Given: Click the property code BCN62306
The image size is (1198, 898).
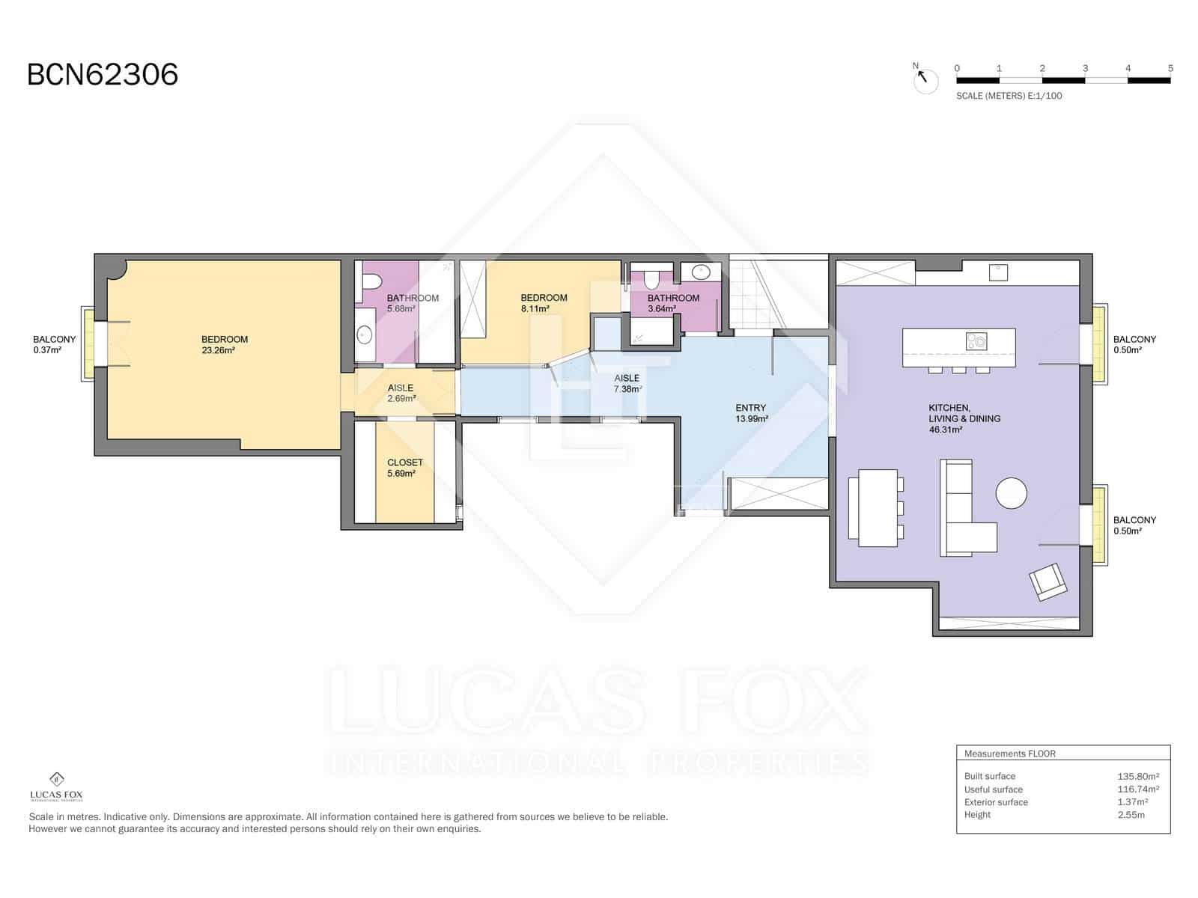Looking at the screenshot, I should coord(103,75).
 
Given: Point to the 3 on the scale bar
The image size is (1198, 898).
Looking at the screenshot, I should coord(1085,68).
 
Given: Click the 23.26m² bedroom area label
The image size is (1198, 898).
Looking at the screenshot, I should coord(225,345).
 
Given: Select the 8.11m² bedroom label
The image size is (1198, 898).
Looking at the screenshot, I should coord(544,303).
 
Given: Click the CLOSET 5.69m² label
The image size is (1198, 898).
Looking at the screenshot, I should coord(404,468).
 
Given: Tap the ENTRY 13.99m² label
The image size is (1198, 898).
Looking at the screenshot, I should coord(750,414).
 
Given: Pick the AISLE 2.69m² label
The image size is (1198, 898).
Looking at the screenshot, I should coord(401,393).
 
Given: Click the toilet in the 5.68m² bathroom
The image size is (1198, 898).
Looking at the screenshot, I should coord(369,283).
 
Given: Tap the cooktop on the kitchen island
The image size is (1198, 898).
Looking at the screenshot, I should coord(976,341).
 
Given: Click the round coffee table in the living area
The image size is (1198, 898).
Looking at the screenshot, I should coord(1011,493).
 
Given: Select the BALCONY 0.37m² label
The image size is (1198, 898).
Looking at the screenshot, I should coord(54,344).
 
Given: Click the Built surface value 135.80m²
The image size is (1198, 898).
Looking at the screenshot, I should coord(1137,776).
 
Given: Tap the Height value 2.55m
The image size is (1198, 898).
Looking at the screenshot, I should coord(1131,814).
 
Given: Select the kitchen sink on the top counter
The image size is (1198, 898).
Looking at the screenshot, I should coord(997,272).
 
